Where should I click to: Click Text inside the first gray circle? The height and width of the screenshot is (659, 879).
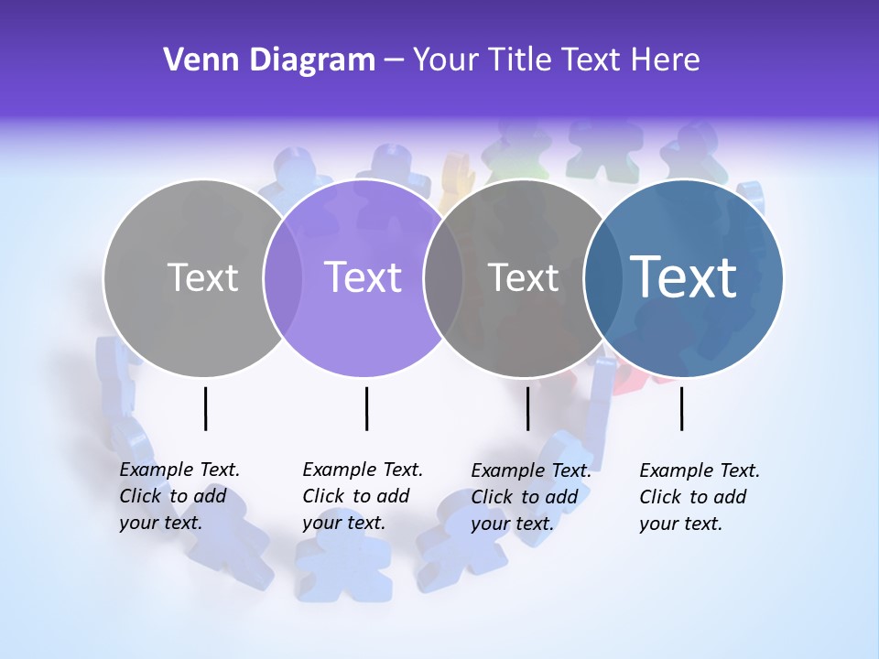tap(202, 277)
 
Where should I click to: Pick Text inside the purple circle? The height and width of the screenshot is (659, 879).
tap(364, 277)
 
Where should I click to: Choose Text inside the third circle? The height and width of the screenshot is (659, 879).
tap(524, 277)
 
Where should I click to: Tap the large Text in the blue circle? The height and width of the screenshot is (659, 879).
tap(684, 276)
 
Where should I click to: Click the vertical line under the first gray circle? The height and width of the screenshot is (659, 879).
tap(206, 408)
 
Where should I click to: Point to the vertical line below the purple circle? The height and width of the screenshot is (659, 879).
tap(366, 408)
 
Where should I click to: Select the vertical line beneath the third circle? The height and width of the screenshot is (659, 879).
tap(527, 408)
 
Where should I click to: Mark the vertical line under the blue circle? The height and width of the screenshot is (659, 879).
tap(681, 408)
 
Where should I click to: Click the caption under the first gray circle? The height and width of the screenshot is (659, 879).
tap(179, 496)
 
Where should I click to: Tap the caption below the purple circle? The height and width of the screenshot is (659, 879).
tap(362, 496)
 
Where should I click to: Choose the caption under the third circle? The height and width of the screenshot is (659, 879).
tap(530, 496)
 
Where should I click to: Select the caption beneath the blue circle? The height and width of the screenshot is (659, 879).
tap(699, 496)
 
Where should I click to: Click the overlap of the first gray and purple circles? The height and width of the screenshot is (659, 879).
tap(283, 277)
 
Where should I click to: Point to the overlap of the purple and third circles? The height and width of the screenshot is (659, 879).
tap(443, 277)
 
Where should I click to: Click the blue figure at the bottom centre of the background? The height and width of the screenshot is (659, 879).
tap(331, 567)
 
